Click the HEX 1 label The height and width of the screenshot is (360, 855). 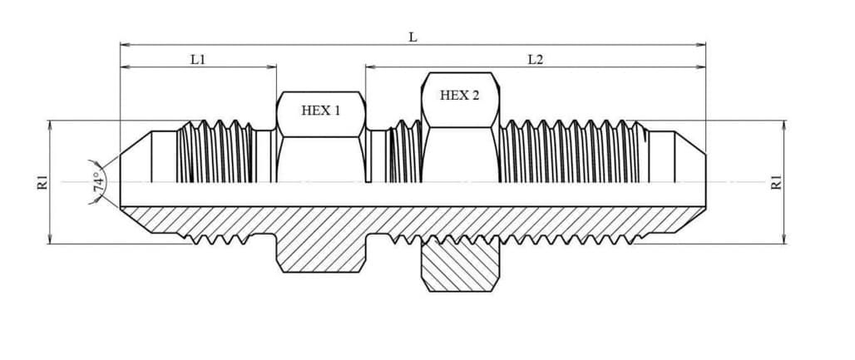(321, 111)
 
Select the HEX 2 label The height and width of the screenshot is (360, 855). (459, 96)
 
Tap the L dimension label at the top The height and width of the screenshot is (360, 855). (413, 37)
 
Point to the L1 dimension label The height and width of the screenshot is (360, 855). (197, 60)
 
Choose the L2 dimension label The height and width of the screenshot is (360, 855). (536, 60)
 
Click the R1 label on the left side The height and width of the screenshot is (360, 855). (42, 181)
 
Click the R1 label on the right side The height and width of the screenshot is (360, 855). (776, 181)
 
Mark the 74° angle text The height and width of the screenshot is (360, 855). (98, 181)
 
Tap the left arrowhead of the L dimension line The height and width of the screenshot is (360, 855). (124, 44)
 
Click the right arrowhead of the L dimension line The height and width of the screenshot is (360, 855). (701, 44)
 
